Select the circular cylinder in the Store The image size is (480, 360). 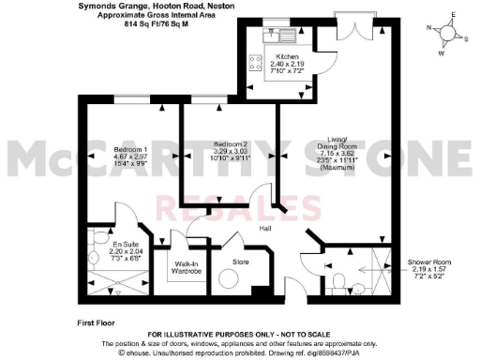[x=229, y=278]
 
